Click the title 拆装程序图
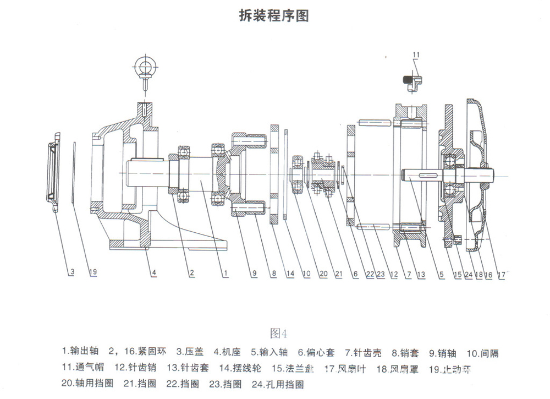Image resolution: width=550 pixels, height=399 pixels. (x=274, y=15)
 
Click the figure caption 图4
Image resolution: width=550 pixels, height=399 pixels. (x=279, y=333)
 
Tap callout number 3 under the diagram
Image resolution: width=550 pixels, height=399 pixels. (x=71, y=272)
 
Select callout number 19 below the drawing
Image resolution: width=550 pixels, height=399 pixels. (x=94, y=272)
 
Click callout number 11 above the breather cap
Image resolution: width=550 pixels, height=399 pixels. (x=416, y=54)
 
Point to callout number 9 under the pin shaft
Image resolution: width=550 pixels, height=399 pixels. (x=254, y=272)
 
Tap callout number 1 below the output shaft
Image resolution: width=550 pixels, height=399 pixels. (x=226, y=272)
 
